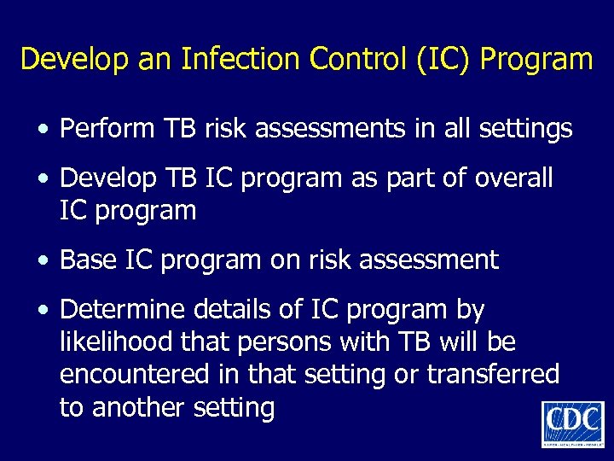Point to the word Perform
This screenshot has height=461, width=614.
click(x=105, y=129)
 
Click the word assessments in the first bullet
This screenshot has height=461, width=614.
click(x=319, y=129)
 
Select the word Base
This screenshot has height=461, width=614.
click(x=86, y=260)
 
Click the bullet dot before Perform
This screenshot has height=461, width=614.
click(x=42, y=131)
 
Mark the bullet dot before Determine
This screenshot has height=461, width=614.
click(x=42, y=310)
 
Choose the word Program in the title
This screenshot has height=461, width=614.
click(x=537, y=59)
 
